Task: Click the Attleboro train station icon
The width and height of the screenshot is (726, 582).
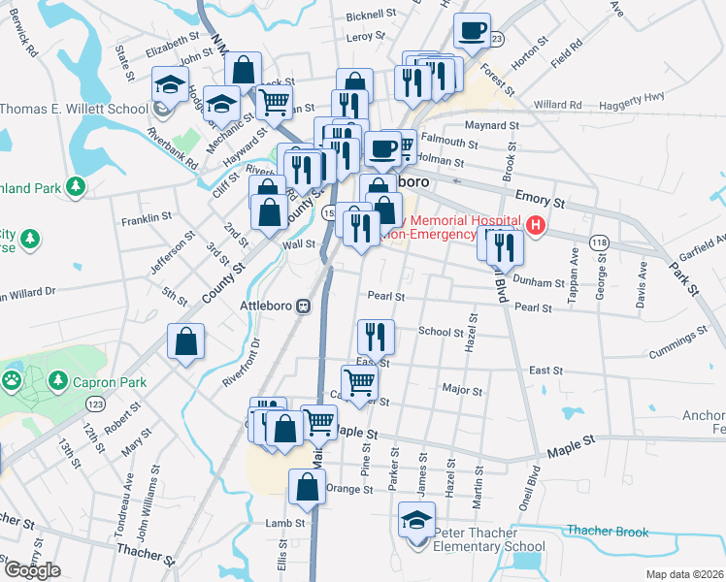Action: pos(304,306)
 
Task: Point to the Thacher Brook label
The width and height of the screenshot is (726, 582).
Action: pos(608,531)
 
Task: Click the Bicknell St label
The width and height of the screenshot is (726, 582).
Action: pos(372,16)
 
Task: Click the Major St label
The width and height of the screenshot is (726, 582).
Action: pos(462,390)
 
